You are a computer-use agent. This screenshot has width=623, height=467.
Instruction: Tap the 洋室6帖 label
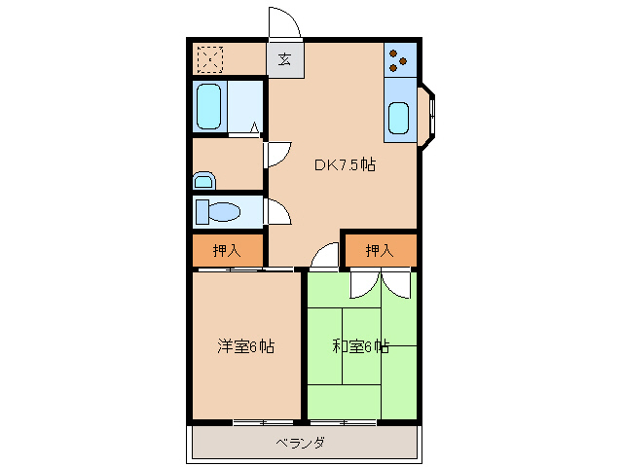[x=244, y=346]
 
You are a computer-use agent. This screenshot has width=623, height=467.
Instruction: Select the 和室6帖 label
[x=360, y=346]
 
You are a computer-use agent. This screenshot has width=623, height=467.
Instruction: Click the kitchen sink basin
[x=398, y=118]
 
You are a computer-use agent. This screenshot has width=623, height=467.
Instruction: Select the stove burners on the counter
[x=399, y=61]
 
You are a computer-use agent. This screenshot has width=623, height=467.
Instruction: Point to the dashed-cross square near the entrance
[x=208, y=59]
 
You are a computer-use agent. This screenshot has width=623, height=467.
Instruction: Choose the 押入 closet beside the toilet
[x=227, y=251]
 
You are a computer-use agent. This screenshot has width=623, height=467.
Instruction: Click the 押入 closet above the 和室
[x=380, y=251]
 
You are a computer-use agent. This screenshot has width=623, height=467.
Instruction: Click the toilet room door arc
[x=275, y=212]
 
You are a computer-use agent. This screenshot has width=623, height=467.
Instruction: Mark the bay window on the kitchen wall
[x=429, y=117]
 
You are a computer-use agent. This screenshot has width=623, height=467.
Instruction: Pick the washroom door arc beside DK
[x=276, y=153]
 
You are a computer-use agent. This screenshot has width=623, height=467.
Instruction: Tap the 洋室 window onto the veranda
[x=263, y=422]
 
